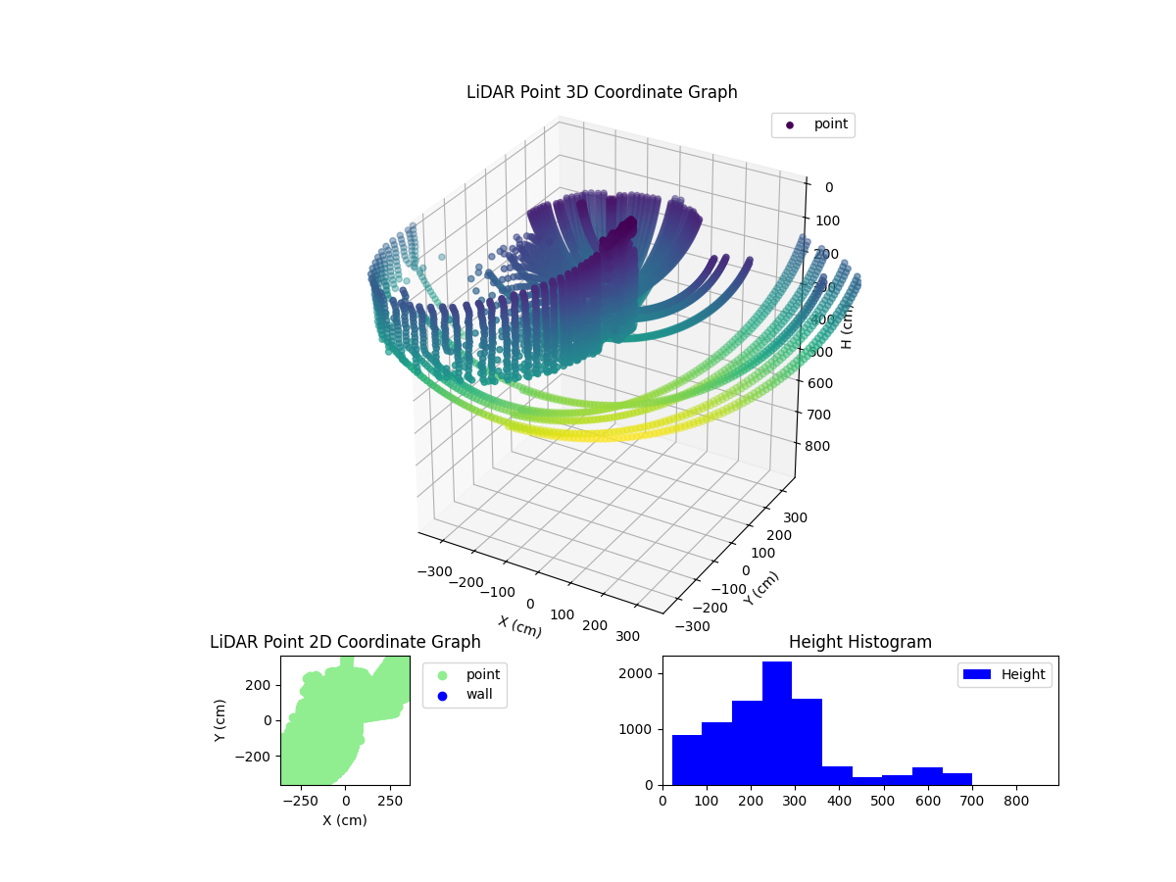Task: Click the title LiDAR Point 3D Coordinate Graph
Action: (601, 92)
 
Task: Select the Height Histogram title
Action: (859, 642)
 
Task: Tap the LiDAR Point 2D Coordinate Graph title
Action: (345, 642)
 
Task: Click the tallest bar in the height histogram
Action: (776, 723)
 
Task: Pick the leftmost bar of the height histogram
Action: (686, 759)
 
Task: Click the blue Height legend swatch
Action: (978, 674)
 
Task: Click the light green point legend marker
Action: (442, 674)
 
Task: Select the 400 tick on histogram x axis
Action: (839, 800)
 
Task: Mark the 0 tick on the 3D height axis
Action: (828, 188)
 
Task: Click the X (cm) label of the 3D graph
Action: (519, 626)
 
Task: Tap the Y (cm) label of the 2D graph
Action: (220, 719)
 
